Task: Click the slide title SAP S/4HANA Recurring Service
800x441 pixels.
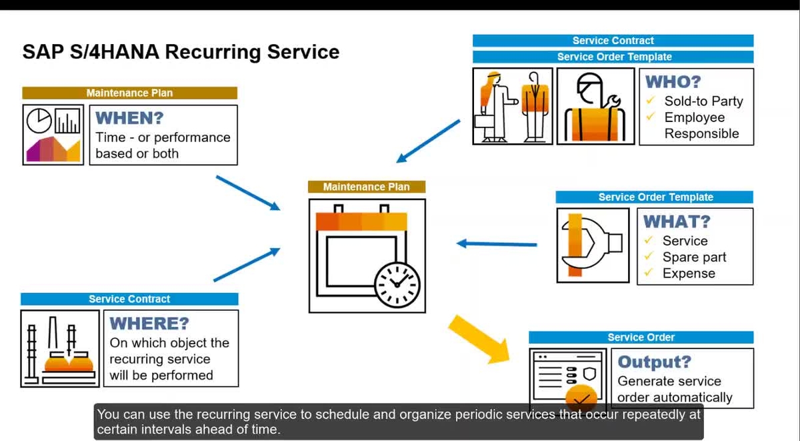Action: pyautogui.click(x=181, y=52)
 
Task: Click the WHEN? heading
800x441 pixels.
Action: pyautogui.click(x=130, y=119)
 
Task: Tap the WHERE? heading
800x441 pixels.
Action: pyautogui.click(x=149, y=324)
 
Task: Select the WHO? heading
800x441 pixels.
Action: pyautogui.click(x=673, y=83)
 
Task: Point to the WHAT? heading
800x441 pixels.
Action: pyautogui.click(x=677, y=222)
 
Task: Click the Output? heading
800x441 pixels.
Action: pyautogui.click(x=655, y=362)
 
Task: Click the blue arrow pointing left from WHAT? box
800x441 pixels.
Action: pyautogui.click(x=497, y=244)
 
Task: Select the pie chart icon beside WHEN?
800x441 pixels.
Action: pyautogui.click(x=39, y=121)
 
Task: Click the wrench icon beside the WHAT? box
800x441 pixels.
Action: pyautogui.click(x=593, y=245)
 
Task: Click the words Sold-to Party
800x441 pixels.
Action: pyautogui.click(x=703, y=101)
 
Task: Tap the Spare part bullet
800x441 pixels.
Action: pyautogui.click(x=694, y=258)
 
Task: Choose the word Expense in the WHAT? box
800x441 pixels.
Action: pyautogui.click(x=689, y=274)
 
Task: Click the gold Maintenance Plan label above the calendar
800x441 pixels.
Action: pyautogui.click(x=367, y=187)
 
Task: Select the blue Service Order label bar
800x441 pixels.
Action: pyautogui.click(x=641, y=338)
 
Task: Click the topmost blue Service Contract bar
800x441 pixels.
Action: pyautogui.click(x=613, y=41)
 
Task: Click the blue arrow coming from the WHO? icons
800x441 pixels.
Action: pyautogui.click(x=428, y=141)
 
